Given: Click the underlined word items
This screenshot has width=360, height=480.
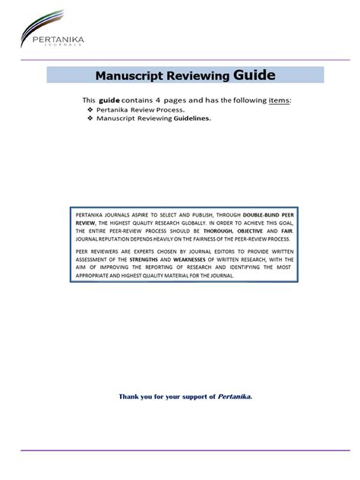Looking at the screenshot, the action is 279,100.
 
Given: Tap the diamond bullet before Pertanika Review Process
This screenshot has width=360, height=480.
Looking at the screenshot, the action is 90,109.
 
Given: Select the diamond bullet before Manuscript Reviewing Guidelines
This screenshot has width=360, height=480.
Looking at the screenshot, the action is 90,118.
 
